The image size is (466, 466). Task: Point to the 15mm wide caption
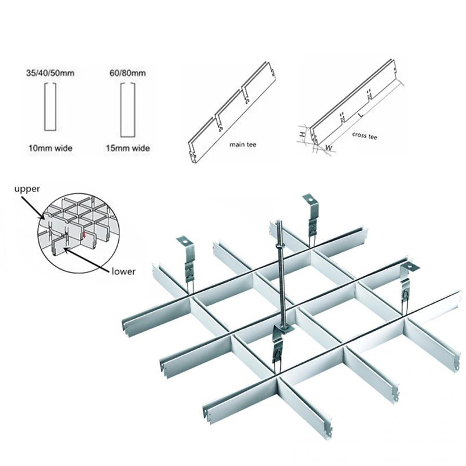pos(127,149)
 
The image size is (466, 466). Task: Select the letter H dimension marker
pos(302,134)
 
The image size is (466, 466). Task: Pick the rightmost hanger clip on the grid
pos(407,280)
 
